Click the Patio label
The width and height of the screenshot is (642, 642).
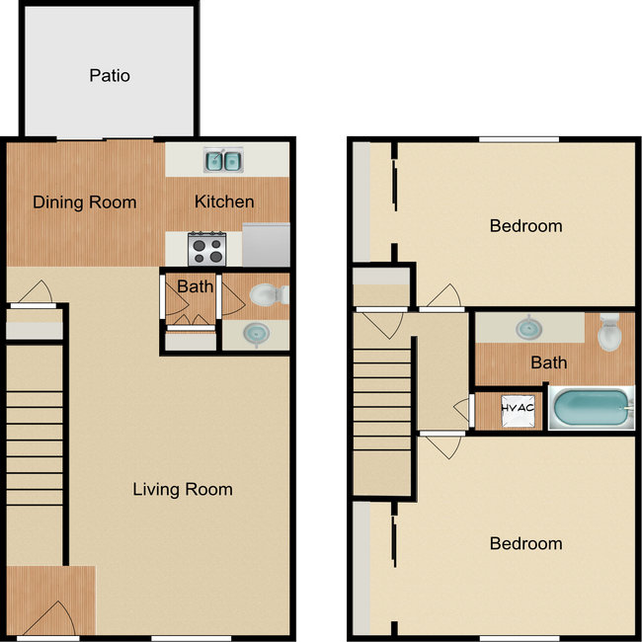pyautogui.click(x=109, y=75)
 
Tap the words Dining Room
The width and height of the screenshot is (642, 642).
pyautogui.click(x=85, y=202)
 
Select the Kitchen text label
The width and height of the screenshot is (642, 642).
pyautogui.click(x=224, y=201)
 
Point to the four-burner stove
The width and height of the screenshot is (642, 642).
pyautogui.click(x=207, y=246)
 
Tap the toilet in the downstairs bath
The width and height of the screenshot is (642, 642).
pyautogui.click(x=266, y=293)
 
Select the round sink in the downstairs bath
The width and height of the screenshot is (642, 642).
pyautogui.click(x=257, y=335)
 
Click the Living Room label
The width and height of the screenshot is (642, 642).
pyautogui.click(x=183, y=489)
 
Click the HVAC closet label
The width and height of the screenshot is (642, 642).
pyautogui.click(x=517, y=408)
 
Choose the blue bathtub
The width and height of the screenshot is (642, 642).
pyautogui.click(x=589, y=409)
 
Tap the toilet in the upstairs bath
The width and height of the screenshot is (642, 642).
pyautogui.click(x=609, y=332)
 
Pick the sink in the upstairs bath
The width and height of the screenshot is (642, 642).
pyautogui.click(x=525, y=327)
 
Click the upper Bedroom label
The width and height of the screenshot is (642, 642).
pyautogui.click(x=525, y=225)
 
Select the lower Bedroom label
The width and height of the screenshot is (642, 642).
pyautogui.click(x=525, y=543)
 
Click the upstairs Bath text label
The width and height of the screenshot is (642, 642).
pyautogui.click(x=548, y=362)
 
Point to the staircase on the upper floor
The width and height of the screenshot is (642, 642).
pyautogui.click(x=381, y=410)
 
